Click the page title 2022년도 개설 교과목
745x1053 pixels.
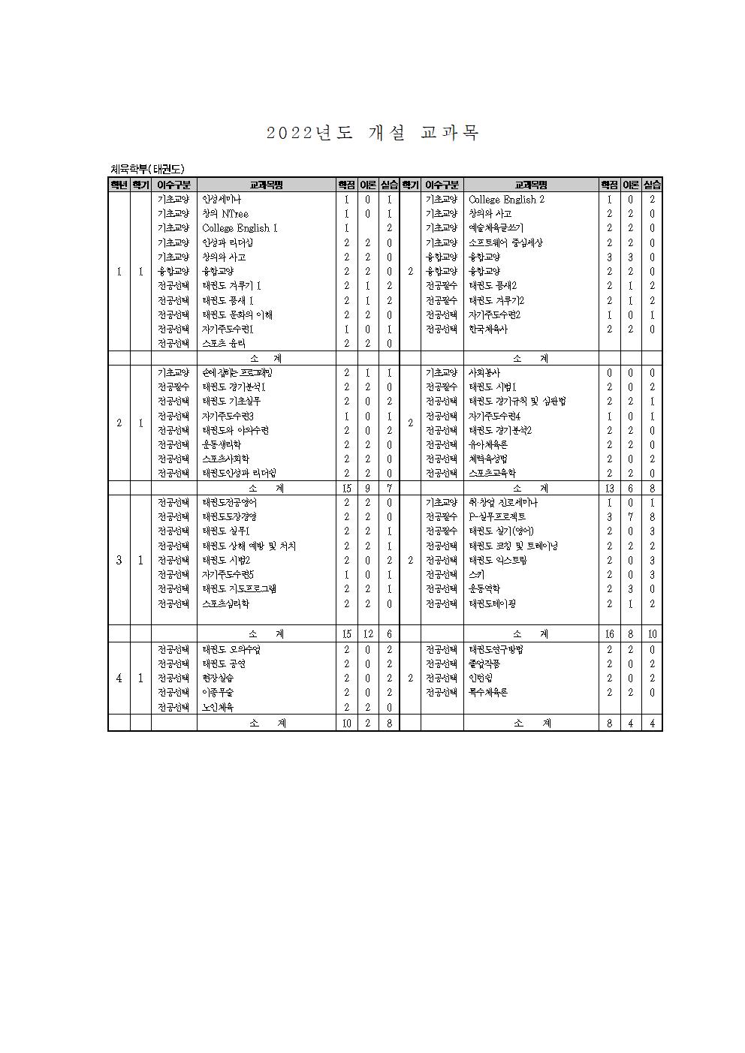point(372,134)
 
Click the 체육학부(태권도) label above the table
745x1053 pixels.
point(147,169)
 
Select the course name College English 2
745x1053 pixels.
point(506,200)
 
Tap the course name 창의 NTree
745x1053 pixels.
point(225,214)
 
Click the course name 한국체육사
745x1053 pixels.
point(488,329)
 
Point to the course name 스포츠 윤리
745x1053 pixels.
point(223,343)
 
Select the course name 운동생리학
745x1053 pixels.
point(221,444)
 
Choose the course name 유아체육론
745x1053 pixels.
point(488,444)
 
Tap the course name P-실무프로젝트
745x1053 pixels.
point(497,516)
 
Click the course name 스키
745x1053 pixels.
point(476,574)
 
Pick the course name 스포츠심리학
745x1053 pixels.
point(225,603)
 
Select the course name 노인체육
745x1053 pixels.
point(218,707)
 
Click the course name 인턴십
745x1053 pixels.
point(481,678)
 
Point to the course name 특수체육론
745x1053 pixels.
point(488,692)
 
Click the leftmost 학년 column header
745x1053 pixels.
point(119,185)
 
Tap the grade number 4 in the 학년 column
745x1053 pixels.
point(119,678)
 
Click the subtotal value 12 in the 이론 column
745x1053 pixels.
point(368,634)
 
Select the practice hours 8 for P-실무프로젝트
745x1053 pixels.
point(652,516)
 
